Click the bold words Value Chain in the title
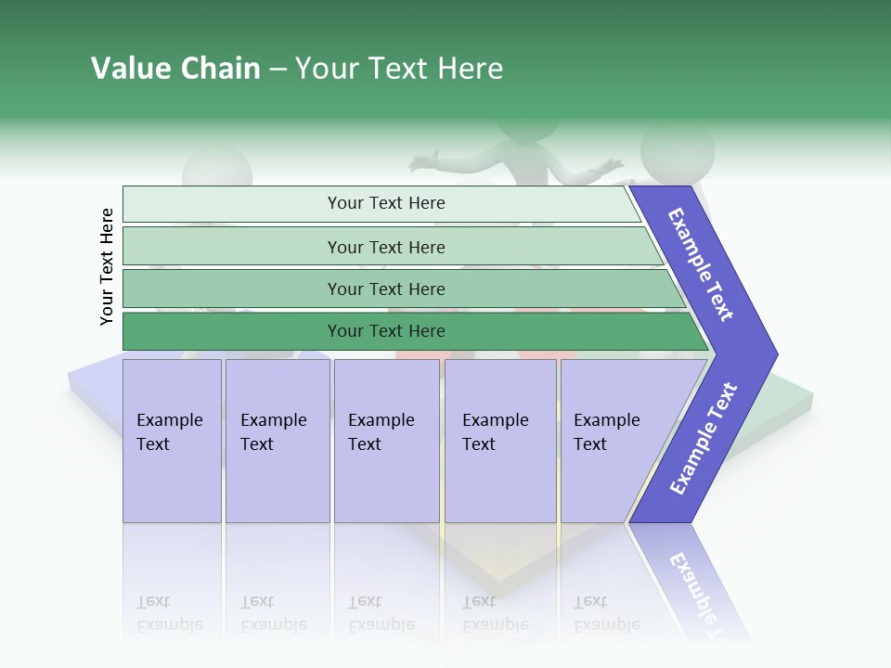pos(175,69)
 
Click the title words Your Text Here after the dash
pos(399,69)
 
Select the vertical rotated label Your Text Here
pos(107,266)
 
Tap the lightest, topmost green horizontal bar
pos(232,204)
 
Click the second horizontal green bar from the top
pos(232,247)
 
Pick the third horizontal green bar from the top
pos(232,289)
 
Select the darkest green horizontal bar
pos(232,331)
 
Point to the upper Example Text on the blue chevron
pos(701,264)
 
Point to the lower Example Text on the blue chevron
pos(704,439)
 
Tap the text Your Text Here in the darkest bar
pos(386,331)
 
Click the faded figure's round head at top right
pos(678,148)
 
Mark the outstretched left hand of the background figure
pos(425,163)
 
